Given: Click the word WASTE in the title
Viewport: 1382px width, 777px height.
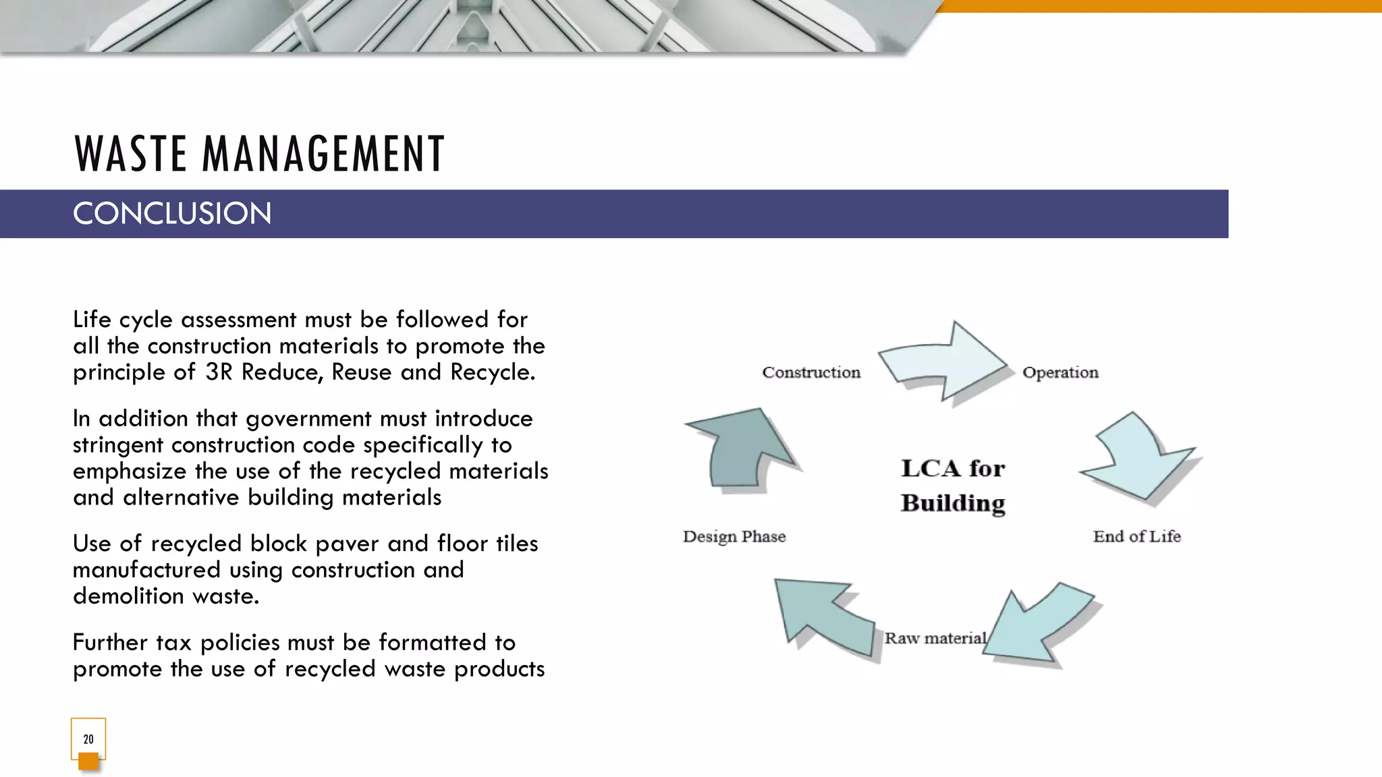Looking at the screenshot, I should (130, 154).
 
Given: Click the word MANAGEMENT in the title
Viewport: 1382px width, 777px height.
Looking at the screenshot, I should (323, 154).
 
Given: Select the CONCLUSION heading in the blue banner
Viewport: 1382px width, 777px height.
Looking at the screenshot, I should (172, 214).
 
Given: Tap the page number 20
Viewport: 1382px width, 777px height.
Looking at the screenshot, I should (88, 739).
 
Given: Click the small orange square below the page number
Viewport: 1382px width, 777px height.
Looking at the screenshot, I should (88, 761).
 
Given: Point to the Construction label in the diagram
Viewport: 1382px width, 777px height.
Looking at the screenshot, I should (811, 372).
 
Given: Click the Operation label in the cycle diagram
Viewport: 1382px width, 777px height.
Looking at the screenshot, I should (1060, 372).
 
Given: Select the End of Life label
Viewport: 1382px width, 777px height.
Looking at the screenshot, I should (1136, 536).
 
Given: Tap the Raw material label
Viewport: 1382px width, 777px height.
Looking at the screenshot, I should (935, 638).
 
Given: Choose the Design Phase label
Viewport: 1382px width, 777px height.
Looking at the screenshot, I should (734, 536).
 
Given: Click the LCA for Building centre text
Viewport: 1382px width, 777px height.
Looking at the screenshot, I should (953, 486).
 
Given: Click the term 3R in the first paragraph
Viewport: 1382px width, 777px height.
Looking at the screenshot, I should (219, 372).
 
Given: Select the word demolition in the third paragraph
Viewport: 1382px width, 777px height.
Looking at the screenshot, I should (128, 596).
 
